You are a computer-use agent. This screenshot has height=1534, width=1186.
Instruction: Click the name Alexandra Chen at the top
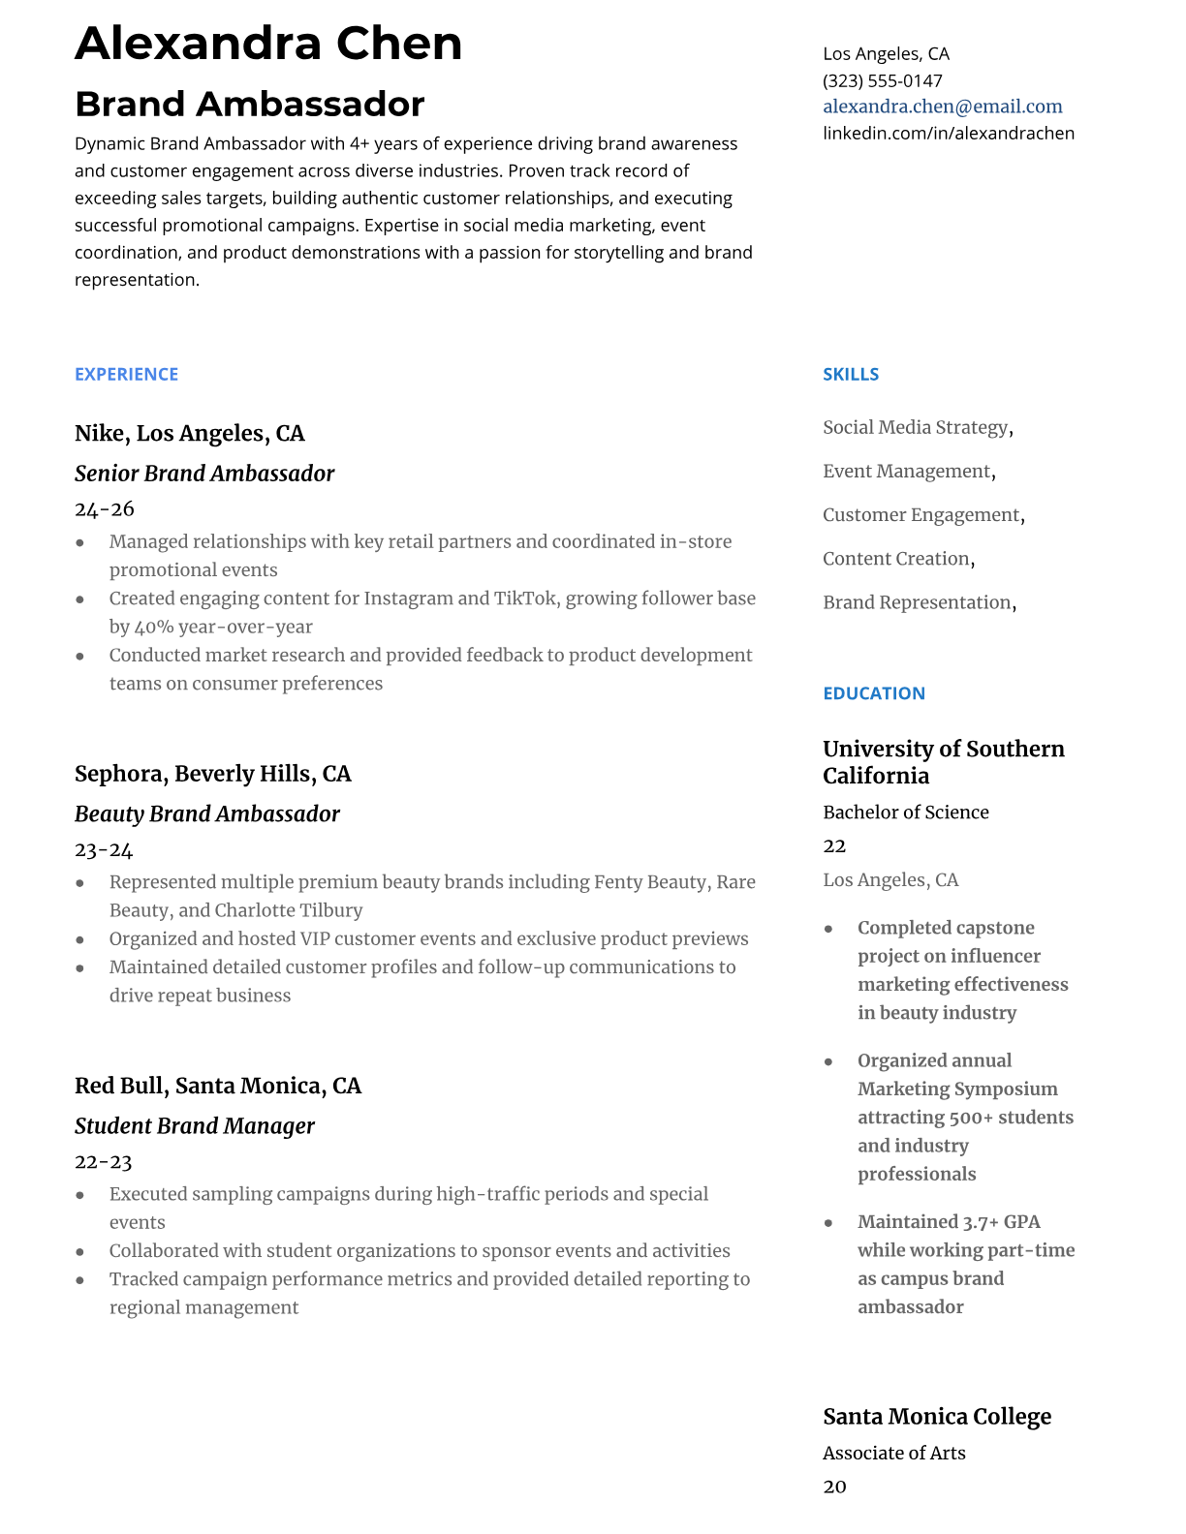click(x=268, y=45)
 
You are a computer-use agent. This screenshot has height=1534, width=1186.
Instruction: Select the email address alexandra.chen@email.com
click(x=942, y=107)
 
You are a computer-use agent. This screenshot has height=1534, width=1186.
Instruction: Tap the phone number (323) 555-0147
click(x=882, y=80)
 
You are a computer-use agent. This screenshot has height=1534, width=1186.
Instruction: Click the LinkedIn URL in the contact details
click(x=948, y=133)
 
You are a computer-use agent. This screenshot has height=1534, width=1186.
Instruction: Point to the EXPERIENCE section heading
click(x=126, y=375)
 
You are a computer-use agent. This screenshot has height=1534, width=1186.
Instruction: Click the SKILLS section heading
click(x=851, y=375)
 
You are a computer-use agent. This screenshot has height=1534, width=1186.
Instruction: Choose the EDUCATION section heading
click(x=873, y=693)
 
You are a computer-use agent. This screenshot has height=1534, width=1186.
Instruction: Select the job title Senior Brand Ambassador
click(x=203, y=474)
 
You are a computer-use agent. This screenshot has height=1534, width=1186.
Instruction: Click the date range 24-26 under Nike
click(x=104, y=509)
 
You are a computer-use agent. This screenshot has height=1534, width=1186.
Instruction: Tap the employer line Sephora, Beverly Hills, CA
click(x=212, y=774)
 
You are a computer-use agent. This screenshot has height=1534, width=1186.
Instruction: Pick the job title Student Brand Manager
click(x=194, y=1126)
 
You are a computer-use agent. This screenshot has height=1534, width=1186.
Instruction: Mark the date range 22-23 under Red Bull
click(x=103, y=1162)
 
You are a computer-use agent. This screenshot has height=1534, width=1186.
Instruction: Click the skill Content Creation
click(x=896, y=559)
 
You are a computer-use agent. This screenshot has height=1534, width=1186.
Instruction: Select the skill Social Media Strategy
click(x=916, y=428)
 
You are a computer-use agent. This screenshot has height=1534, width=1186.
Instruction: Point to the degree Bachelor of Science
click(x=905, y=813)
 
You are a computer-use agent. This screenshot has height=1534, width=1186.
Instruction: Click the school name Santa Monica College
click(x=936, y=1417)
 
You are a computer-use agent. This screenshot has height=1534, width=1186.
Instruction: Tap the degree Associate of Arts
click(x=893, y=1453)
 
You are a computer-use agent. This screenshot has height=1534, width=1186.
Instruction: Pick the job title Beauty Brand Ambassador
click(x=206, y=814)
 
